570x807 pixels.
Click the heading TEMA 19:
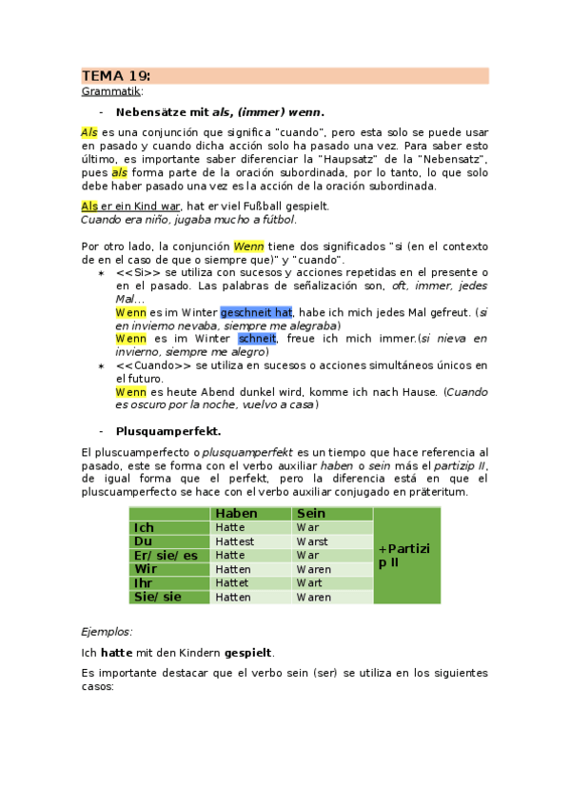coord(115,76)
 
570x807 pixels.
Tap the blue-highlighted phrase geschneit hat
coord(257,312)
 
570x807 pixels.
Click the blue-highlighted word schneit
coord(257,338)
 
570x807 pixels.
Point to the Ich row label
coord(145,527)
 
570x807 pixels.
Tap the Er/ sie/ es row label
coord(167,555)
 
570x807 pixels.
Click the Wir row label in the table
coord(147,569)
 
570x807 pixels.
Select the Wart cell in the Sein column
coord(309,582)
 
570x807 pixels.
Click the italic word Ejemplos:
coord(107,631)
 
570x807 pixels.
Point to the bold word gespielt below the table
coord(248,653)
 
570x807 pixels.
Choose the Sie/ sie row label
coord(158,597)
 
